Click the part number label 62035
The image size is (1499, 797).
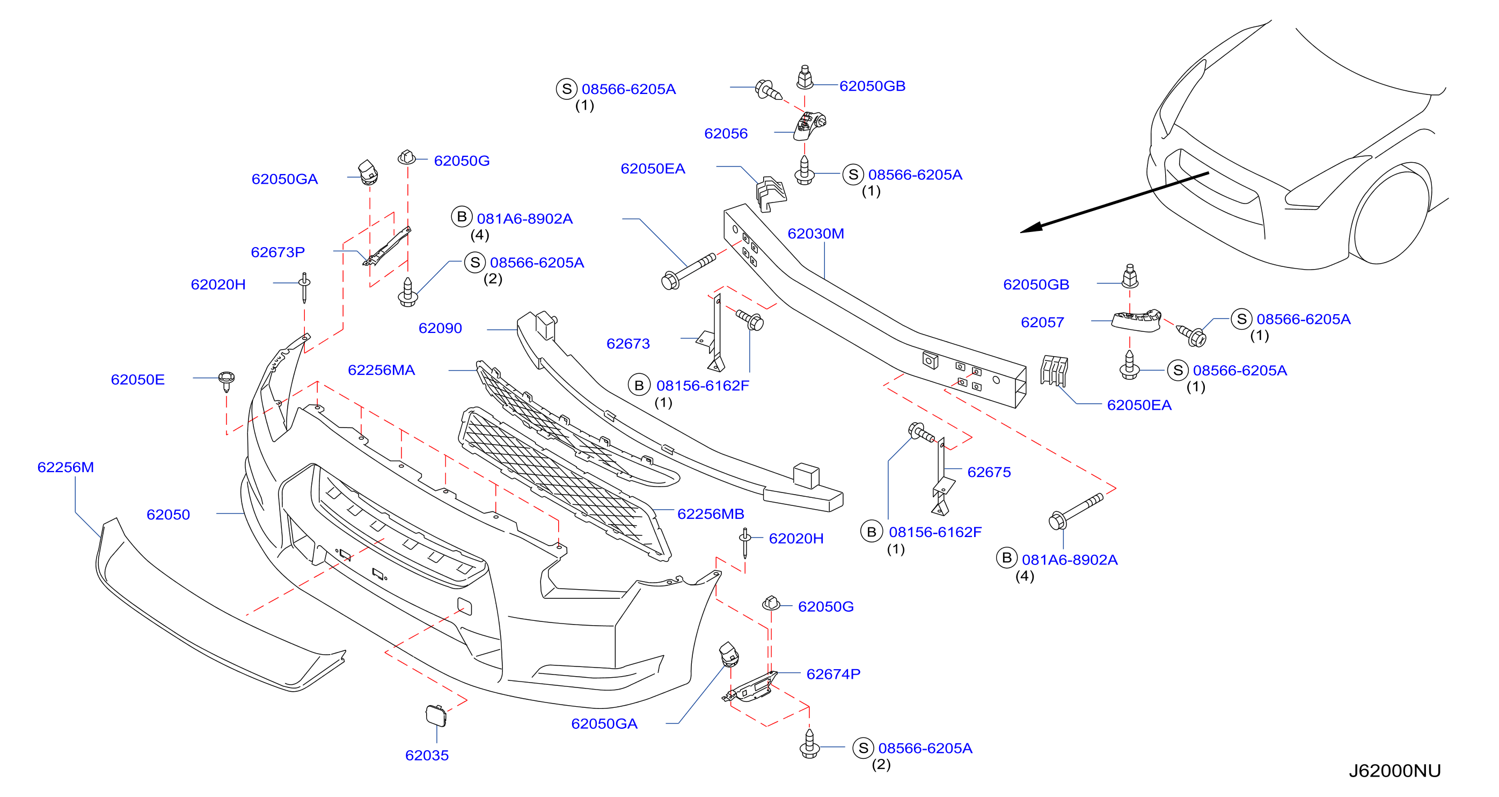pos(427,755)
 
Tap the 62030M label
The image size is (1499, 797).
pos(815,234)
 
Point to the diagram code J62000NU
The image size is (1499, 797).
pos(1394,771)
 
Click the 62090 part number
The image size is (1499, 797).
pos(440,328)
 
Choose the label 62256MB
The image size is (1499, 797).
pos(711,513)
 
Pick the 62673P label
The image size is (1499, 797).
pos(277,252)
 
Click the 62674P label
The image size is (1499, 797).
pos(833,673)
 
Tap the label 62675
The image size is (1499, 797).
pos(989,472)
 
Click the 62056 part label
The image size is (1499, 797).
pos(726,133)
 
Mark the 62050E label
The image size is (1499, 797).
pos(137,380)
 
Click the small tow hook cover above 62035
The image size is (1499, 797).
pos(436,715)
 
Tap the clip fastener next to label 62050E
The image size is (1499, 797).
pos(227,380)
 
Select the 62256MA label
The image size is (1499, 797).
pos(381,369)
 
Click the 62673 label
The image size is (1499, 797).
pos(628,344)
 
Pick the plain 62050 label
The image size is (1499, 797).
pos(168,515)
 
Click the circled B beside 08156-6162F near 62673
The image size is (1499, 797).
pos(639,386)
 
